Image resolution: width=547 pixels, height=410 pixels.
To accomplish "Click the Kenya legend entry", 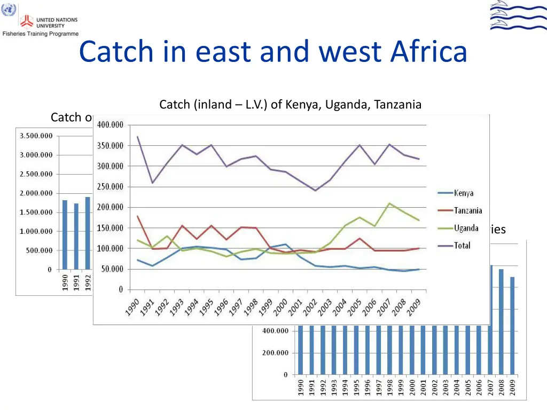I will point(463,193).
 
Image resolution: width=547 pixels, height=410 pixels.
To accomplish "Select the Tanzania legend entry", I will point(467,211).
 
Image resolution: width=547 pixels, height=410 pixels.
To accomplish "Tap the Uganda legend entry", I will point(465,228).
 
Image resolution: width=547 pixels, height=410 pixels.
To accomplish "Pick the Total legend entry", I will point(462,246).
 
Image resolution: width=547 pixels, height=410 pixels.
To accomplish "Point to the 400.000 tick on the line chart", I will point(110,125).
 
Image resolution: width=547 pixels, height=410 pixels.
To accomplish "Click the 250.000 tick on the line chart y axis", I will point(110,187).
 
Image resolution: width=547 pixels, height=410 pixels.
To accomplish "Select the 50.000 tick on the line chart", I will point(111,269).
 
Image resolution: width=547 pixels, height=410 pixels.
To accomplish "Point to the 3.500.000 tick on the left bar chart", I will point(36,136).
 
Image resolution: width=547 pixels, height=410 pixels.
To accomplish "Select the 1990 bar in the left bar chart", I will point(65,235).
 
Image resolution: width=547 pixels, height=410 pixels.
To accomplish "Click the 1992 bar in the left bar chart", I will point(88,233).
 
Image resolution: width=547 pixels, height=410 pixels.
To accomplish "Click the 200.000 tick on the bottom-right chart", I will point(275,353).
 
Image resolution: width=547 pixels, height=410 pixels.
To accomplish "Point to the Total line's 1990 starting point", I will point(138,137).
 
